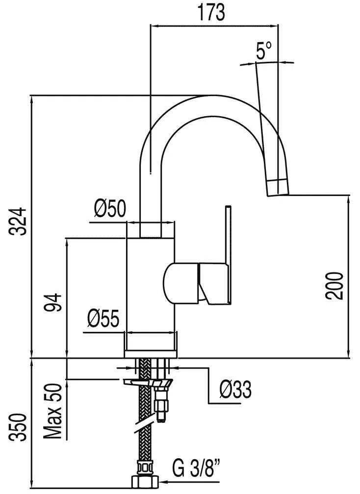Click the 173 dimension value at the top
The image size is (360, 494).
[x=211, y=13]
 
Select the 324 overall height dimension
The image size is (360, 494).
[x=17, y=222]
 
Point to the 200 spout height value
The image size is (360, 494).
[x=334, y=286]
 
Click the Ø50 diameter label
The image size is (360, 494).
[x=110, y=209]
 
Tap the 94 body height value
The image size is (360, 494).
[x=52, y=302]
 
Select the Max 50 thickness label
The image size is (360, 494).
[x=52, y=412]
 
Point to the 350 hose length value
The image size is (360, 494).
[x=17, y=427]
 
